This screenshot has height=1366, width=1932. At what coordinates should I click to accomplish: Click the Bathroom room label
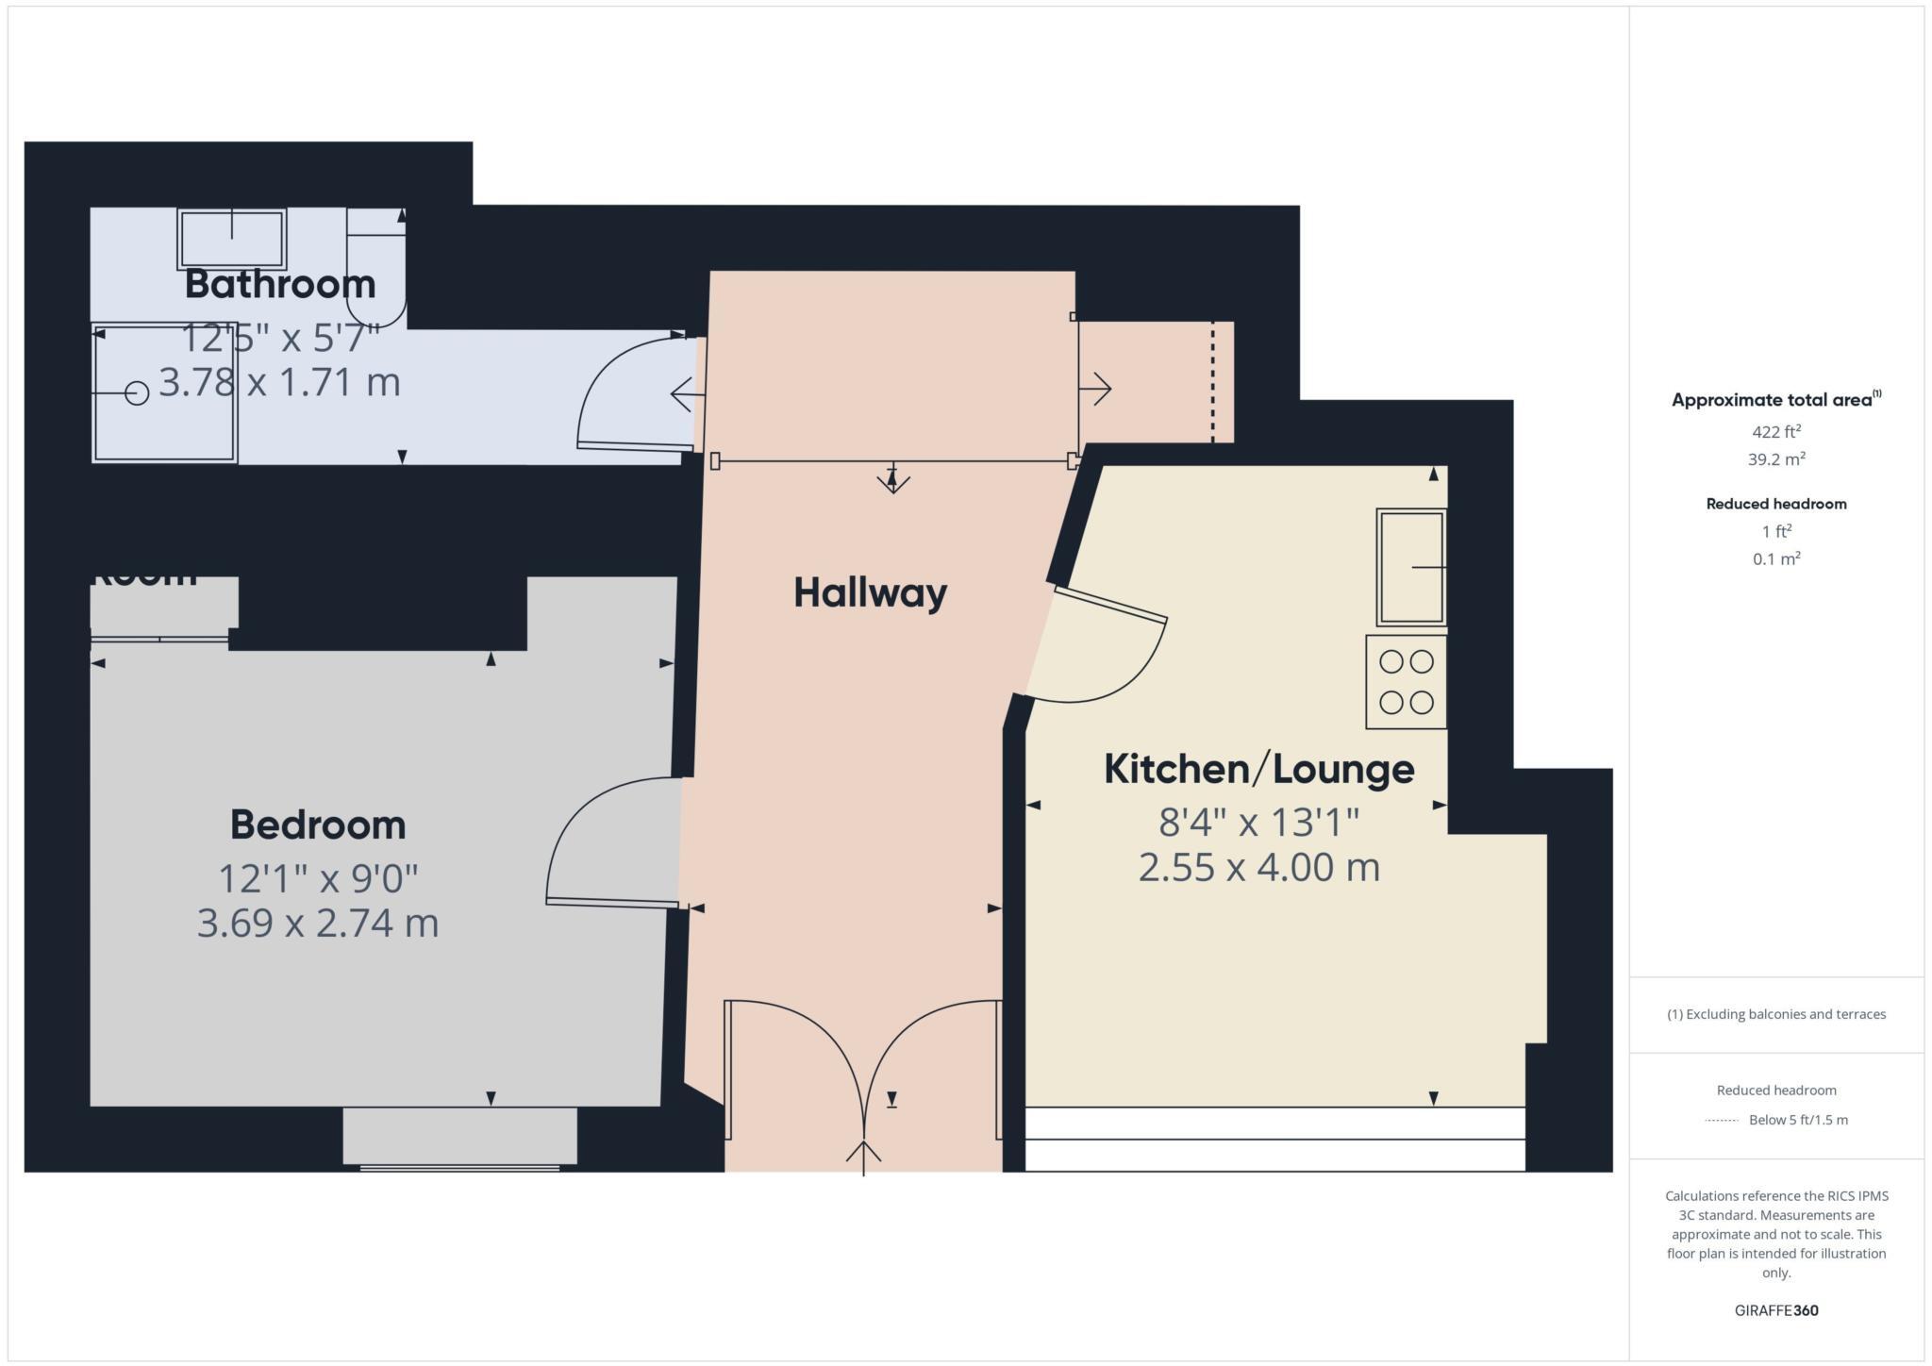click(280, 284)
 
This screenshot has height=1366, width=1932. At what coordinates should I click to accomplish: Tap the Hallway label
click(870, 592)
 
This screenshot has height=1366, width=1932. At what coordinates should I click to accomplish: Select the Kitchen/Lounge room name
click(1258, 769)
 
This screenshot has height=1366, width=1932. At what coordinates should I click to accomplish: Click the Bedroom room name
click(318, 825)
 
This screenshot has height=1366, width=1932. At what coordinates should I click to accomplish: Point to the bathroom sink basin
click(231, 239)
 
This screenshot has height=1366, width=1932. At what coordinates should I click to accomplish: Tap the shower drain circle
click(138, 392)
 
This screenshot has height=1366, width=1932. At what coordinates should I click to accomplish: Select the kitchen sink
click(1410, 567)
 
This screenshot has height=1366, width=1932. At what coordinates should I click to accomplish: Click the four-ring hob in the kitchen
click(1406, 682)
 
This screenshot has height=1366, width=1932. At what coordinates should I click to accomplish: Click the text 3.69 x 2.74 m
click(318, 923)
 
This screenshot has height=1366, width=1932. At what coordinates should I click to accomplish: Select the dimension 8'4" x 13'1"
click(1258, 823)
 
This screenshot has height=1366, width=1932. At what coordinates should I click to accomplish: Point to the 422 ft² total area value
click(1776, 432)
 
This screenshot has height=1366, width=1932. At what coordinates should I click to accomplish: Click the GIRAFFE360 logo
click(1776, 1310)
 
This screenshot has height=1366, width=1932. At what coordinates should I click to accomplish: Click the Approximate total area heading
click(1772, 400)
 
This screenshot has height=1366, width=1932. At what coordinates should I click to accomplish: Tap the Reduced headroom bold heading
click(1776, 504)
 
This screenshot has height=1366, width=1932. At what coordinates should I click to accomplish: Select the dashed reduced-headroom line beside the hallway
click(1213, 382)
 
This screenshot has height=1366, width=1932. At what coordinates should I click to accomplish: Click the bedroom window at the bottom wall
click(459, 1167)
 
